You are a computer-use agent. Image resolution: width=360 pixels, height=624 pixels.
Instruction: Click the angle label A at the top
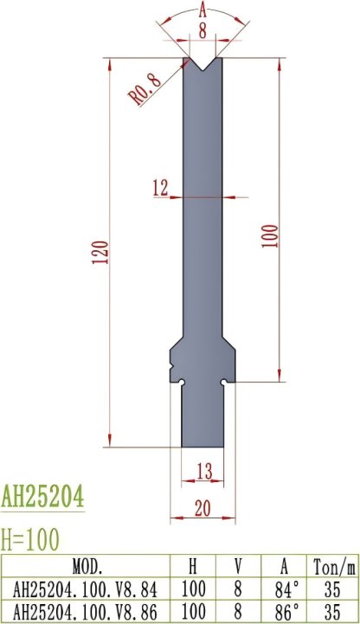pyautogui.click(x=202, y=10)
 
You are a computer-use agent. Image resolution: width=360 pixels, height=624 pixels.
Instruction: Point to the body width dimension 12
pyautogui.click(x=160, y=188)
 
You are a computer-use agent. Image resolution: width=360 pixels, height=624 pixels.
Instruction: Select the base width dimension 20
pyautogui.click(x=203, y=510)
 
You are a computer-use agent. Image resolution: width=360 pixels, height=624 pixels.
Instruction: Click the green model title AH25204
pyautogui.click(x=42, y=497)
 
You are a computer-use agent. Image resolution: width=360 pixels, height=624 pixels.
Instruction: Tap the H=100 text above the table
pyautogui.click(x=30, y=539)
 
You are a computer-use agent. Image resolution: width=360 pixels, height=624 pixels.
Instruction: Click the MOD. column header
pyautogui.click(x=86, y=568)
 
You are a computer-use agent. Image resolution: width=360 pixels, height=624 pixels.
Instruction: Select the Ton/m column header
pyautogui.click(x=333, y=568)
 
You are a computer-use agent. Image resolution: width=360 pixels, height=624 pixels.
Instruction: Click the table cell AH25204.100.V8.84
pyautogui.click(x=86, y=589)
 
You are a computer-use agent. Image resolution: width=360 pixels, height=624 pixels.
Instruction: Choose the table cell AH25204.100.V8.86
pyautogui.click(x=86, y=609)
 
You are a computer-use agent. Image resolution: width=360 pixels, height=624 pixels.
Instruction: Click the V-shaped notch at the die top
pyautogui.click(x=204, y=64)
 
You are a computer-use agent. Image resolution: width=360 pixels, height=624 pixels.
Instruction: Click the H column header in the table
pyautogui.click(x=192, y=568)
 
